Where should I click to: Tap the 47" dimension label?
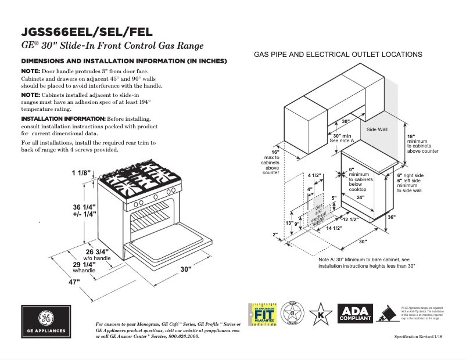(74, 282)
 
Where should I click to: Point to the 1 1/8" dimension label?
(82, 173)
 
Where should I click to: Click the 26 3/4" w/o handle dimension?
(98, 252)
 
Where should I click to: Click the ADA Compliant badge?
(355, 314)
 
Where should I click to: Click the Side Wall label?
(377, 129)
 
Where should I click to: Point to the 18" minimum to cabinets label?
(421, 143)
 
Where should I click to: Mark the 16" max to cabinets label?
(270, 162)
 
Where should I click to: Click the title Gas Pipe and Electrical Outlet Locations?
(338, 54)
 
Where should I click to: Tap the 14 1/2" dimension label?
(333, 228)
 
